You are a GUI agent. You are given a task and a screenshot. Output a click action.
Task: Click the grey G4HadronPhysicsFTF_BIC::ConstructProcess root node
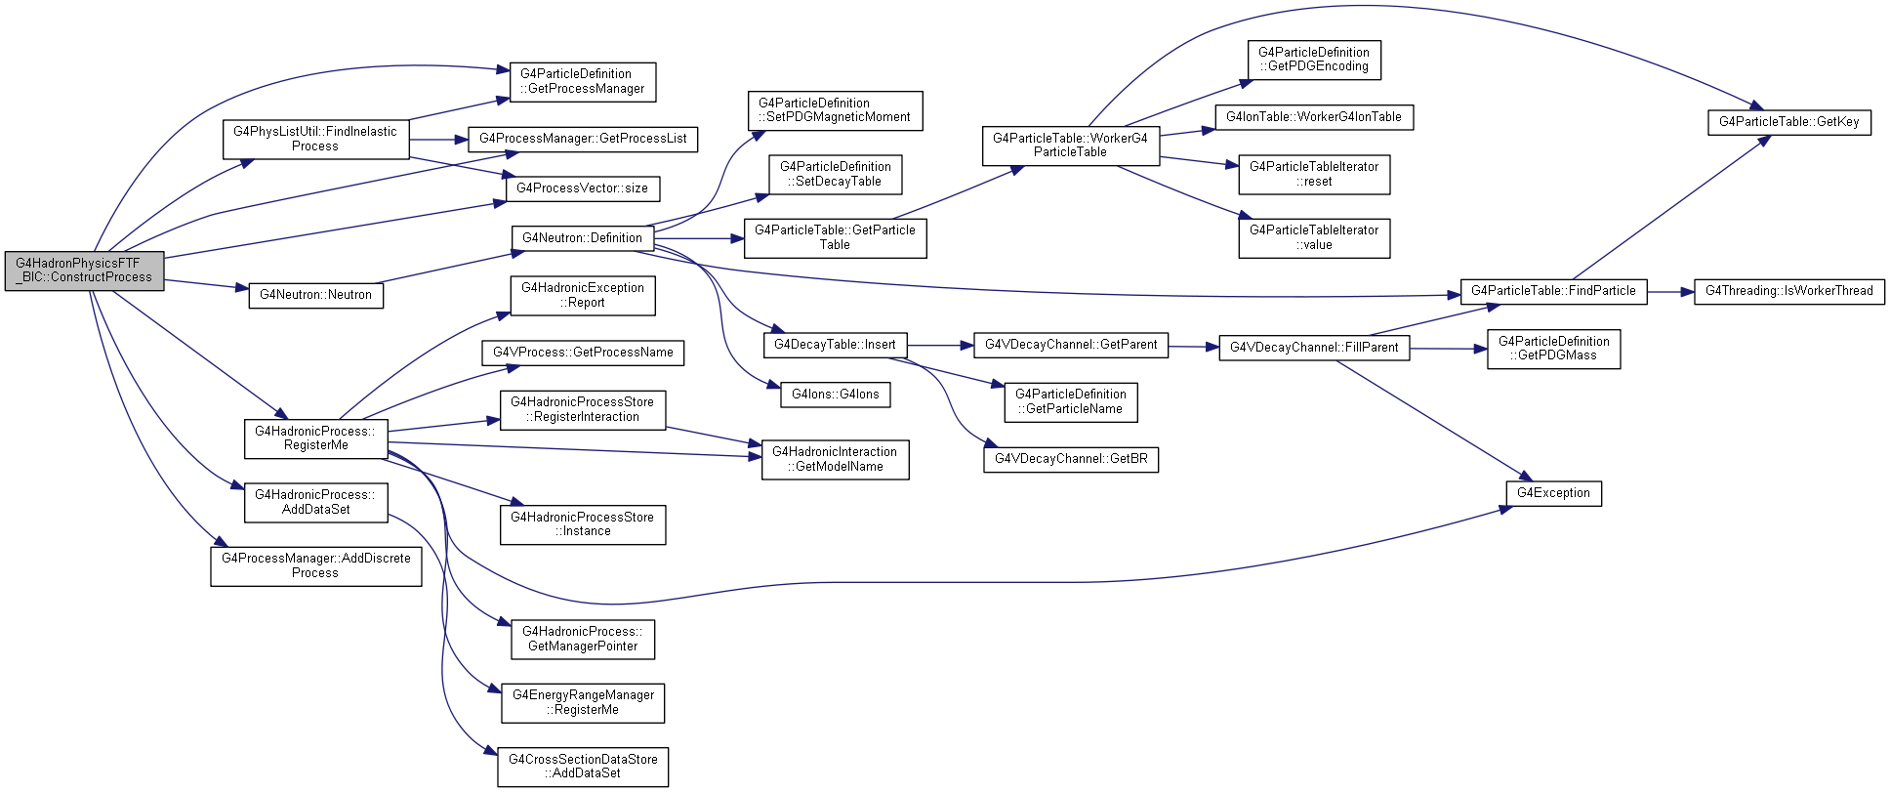[x=84, y=271]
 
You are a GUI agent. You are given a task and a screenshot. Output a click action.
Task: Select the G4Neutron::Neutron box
[x=315, y=295]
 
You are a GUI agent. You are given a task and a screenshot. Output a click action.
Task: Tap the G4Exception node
[x=1553, y=493]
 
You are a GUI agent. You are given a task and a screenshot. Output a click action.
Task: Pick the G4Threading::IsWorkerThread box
[x=1788, y=291]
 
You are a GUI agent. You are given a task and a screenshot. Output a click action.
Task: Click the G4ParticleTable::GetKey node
[x=1788, y=122]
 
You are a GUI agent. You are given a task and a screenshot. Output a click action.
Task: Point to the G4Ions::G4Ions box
[x=835, y=395]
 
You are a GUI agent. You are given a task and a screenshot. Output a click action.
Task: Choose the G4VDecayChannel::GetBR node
[x=1071, y=459]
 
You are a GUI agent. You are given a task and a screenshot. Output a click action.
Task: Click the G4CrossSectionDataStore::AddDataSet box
[x=583, y=767]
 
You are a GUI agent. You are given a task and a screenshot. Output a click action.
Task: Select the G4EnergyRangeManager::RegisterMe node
[x=583, y=703]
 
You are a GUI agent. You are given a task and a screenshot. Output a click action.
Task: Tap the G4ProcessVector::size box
[x=582, y=188]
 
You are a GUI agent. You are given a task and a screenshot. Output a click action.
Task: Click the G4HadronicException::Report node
[x=582, y=296]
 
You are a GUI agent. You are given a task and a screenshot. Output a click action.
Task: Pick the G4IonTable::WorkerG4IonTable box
[x=1313, y=117]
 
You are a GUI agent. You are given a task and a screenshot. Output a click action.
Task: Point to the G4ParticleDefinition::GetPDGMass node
[x=1553, y=349]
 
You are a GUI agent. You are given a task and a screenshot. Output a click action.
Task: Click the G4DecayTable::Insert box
[x=835, y=345]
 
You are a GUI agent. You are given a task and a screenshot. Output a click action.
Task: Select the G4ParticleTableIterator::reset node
[x=1314, y=175]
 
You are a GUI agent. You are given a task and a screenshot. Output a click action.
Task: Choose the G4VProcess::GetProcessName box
[x=583, y=353]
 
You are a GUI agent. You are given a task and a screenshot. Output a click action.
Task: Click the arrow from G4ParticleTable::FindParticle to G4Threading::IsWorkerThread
[x=1670, y=292]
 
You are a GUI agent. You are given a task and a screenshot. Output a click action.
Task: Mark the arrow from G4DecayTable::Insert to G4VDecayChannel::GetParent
[x=940, y=346]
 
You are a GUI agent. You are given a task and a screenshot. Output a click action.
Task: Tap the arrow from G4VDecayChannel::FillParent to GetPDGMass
[x=1448, y=349]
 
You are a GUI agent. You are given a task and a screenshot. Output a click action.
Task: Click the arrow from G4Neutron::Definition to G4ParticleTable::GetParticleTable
[x=699, y=238]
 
